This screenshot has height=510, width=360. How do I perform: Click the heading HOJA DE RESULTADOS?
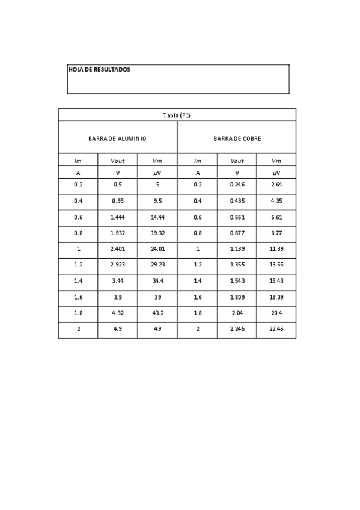[99, 70]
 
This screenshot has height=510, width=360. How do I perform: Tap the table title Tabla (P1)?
[177, 115]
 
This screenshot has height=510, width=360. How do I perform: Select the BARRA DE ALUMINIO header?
[117, 138]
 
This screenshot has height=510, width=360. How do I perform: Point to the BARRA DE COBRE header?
[237, 138]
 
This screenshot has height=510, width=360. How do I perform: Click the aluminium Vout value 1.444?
[117, 217]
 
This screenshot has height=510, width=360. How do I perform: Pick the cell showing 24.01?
[157, 249]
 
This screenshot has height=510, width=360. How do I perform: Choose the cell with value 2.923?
[117, 265]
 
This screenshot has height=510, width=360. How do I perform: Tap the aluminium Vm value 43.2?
[157, 313]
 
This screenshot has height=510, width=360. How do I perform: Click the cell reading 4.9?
[117, 330]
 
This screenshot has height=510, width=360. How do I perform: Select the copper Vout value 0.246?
[237, 185]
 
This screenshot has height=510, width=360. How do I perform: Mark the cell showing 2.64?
[276, 185]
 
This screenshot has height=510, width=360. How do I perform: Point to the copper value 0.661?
[237, 217]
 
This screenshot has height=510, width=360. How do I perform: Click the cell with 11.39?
[276, 249]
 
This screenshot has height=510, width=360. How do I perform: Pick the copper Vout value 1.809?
[237, 297]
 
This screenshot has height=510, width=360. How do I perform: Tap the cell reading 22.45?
[276, 330]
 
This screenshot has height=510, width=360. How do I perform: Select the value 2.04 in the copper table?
[237, 313]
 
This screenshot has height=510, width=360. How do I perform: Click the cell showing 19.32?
[157, 233]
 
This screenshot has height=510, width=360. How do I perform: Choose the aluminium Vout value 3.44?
[117, 281]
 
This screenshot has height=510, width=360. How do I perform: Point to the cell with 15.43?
[276, 281]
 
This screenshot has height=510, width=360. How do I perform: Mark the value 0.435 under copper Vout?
[237, 201]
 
